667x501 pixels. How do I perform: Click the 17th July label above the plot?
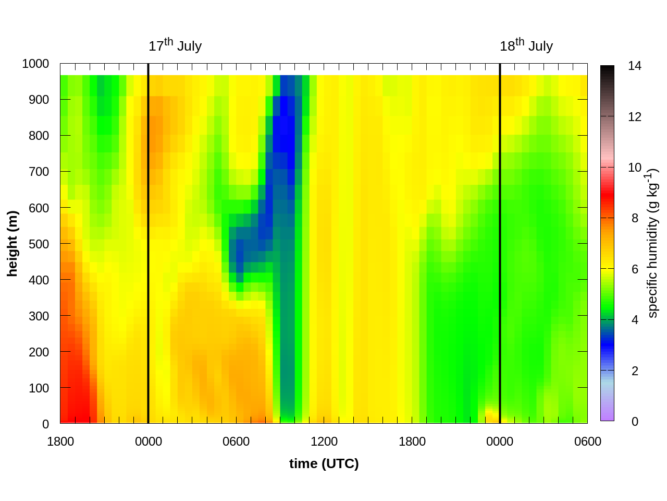pyautogui.click(x=175, y=46)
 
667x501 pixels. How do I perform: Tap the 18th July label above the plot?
pyautogui.click(x=526, y=46)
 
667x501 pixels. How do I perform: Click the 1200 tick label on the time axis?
pyautogui.click(x=324, y=442)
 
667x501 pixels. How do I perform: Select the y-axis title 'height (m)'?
pyautogui.click(x=13, y=244)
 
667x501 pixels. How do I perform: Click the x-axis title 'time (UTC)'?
pyautogui.click(x=324, y=463)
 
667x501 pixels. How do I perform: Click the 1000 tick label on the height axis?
pyautogui.click(x=35, y=64)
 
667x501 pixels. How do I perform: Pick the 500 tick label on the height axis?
pyautogui.click(x=39, y=244)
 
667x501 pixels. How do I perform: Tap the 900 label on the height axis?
pyautogui.click(x=39, y=100)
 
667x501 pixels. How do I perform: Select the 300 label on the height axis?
pyautogui.click(x=39, y=316)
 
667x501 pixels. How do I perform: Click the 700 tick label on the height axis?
pyautogui.click(x=39, y=172)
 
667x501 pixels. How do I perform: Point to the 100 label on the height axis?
pyautogui.click(x=39, y=388)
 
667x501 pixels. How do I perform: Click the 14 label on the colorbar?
pyautogui.click(x=635, y=66)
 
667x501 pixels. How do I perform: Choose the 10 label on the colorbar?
pyautogui.click(x=635, y=168)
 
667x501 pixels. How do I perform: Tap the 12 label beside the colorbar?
pyautogui.click(x=635, y=117)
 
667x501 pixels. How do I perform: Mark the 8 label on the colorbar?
pyautogui.click(x=635, y=218)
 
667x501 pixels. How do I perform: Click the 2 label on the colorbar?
pyautogui.click(x=635, y=371)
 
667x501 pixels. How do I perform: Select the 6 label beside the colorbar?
pyautogui.click(x=635, y=269)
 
